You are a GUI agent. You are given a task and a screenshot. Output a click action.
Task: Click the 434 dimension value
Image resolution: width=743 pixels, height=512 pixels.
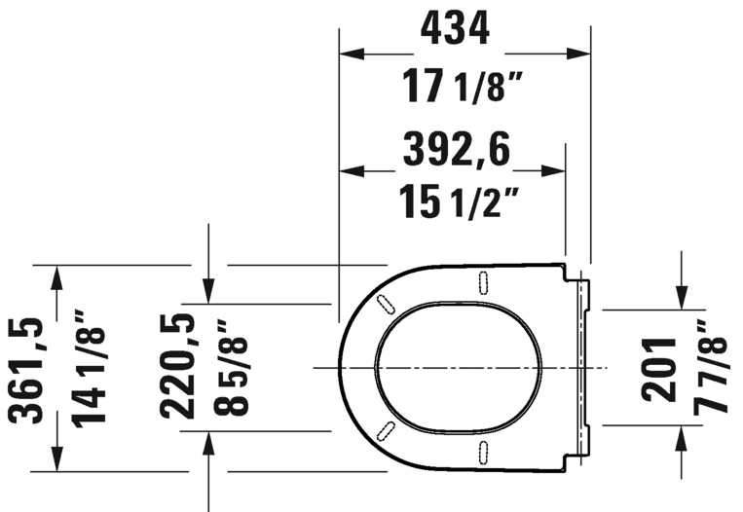[x=455, y=31]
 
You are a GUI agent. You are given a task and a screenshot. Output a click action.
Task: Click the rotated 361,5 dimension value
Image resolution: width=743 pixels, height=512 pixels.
[x=28, y=369]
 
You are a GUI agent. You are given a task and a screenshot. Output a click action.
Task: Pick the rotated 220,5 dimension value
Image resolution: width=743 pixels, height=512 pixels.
[x=178, y=365]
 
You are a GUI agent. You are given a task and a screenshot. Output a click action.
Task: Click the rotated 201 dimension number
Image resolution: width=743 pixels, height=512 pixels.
[x=658, y=369]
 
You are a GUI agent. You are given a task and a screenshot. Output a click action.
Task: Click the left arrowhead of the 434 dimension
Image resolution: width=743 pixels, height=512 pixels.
[x=350, y=53]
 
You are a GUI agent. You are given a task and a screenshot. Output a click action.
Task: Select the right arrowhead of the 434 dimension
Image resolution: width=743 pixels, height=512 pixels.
[x=580, y=53]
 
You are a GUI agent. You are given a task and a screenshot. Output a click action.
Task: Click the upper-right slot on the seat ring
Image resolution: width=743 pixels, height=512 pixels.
[x=484, y=281]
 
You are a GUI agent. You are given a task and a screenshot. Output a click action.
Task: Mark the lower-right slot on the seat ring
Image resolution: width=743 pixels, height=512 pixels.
[x=484, y=450]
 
